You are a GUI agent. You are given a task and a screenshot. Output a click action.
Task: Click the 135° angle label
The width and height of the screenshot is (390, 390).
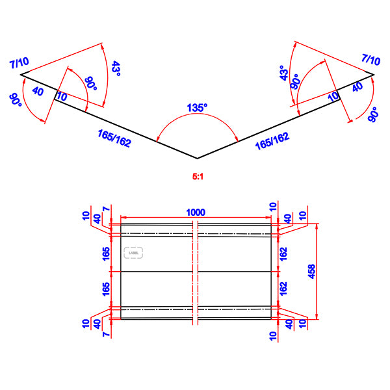point(197,107)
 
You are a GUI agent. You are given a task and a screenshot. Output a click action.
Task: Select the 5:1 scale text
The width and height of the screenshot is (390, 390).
point(197,175)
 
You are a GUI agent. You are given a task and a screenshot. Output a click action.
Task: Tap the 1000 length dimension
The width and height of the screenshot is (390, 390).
point(196,213)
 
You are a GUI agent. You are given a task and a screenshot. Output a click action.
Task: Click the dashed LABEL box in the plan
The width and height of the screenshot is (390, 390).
point(134,253)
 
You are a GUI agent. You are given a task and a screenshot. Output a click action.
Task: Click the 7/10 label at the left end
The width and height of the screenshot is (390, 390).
point(19,62)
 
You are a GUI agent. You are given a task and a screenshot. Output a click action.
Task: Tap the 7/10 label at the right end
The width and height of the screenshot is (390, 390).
point(371,60)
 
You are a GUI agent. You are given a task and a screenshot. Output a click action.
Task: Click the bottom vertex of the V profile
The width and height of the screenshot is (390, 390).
point(197,158)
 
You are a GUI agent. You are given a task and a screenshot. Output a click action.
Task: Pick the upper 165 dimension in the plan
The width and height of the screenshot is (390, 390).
point(106,253)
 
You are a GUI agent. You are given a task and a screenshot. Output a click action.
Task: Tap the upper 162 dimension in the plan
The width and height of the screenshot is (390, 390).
point(283,253)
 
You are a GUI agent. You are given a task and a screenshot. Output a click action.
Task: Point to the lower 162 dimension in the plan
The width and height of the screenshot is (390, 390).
point(283,287)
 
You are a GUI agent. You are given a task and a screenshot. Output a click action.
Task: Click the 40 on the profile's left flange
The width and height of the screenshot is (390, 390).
point(38,92)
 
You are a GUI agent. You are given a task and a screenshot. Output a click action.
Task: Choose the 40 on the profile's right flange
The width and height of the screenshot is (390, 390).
point(357,88)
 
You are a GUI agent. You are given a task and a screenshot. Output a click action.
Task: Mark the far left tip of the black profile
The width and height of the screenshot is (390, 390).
point(21,75)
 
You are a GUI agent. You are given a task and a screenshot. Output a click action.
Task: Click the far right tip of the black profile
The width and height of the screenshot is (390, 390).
point(374,74)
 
